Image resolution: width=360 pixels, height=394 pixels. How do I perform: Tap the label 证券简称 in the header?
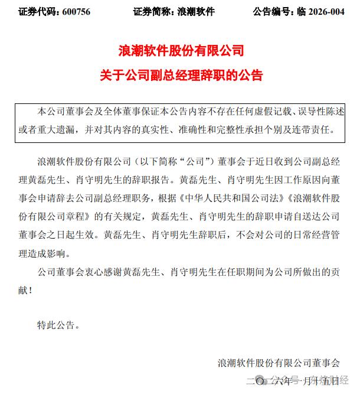click(151, 11)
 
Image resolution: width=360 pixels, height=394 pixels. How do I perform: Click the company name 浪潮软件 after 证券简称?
click(196, 11)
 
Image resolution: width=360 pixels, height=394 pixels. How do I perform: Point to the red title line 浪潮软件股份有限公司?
click(180, 51)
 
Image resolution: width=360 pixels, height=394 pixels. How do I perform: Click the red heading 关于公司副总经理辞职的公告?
click(180, 76)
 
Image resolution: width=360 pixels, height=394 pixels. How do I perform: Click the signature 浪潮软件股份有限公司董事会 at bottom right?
click(279, 362)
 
